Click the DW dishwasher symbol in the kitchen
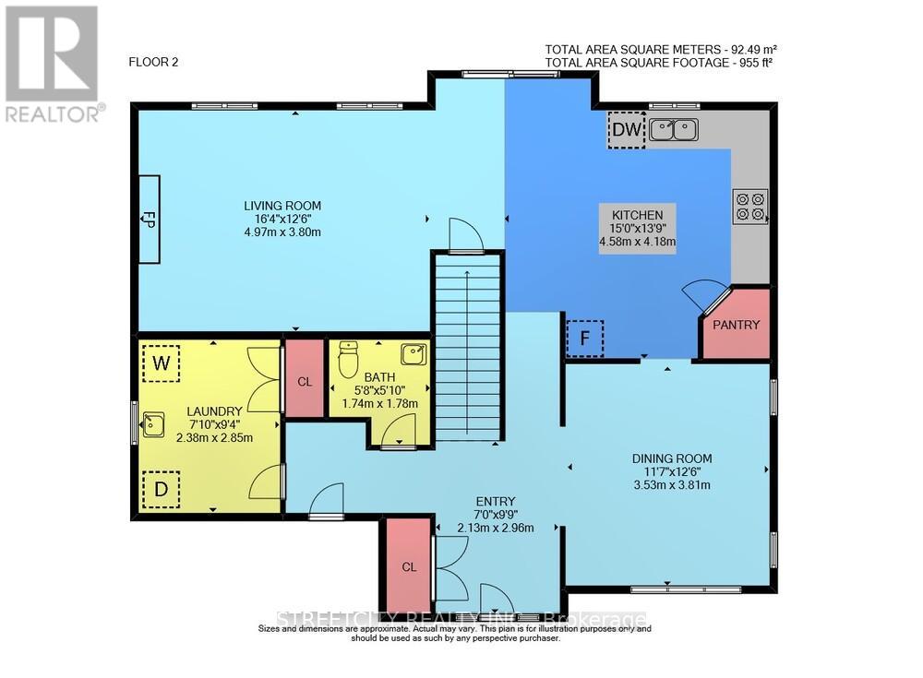[627, 131]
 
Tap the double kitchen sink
[673, 131]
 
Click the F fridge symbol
[584, 338]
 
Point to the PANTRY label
[737, 325]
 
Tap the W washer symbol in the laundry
[161, 363]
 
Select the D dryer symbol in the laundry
[161, 489]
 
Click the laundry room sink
[151, 425]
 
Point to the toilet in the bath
[348, 361]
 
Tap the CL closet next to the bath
[304, 378]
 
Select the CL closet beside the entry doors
[407, 566]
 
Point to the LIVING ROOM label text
[282, 205]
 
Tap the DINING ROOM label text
[671, 458]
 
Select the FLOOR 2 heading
[152, 63]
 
